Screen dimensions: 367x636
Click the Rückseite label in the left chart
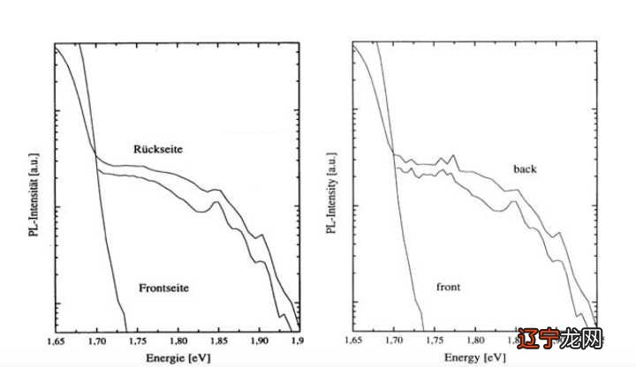[158, 148]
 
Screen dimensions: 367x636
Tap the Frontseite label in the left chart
[165, 288]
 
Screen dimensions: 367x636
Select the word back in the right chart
[524, 168]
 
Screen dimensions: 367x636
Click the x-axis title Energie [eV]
[176, 357]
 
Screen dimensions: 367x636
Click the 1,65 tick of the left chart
[55, 340]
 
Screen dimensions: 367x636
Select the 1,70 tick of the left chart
[96, 340]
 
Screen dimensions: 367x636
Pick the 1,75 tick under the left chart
[137, 340]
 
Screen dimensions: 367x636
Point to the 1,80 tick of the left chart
[178, 340]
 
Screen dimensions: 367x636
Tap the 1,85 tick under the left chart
[218, 340]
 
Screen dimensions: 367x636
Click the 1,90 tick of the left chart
[259, 340]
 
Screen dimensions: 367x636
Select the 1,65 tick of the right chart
[353, 340]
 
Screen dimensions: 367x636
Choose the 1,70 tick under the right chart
[394, 340]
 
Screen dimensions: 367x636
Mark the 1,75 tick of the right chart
[435, 340]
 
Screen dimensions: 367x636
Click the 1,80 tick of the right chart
[475, 340]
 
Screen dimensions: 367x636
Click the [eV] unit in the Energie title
[200, 357]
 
